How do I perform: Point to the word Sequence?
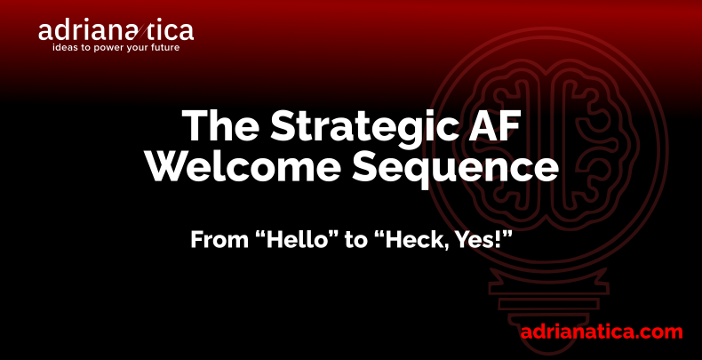[x=455, y=170]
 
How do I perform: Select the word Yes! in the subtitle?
[x=486, y=240]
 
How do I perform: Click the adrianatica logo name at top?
[x=116, y=31]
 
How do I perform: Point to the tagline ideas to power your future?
[x=116, y=47]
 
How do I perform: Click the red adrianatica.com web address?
[x=602, y=332]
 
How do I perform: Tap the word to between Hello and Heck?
[x=356, y=241]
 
